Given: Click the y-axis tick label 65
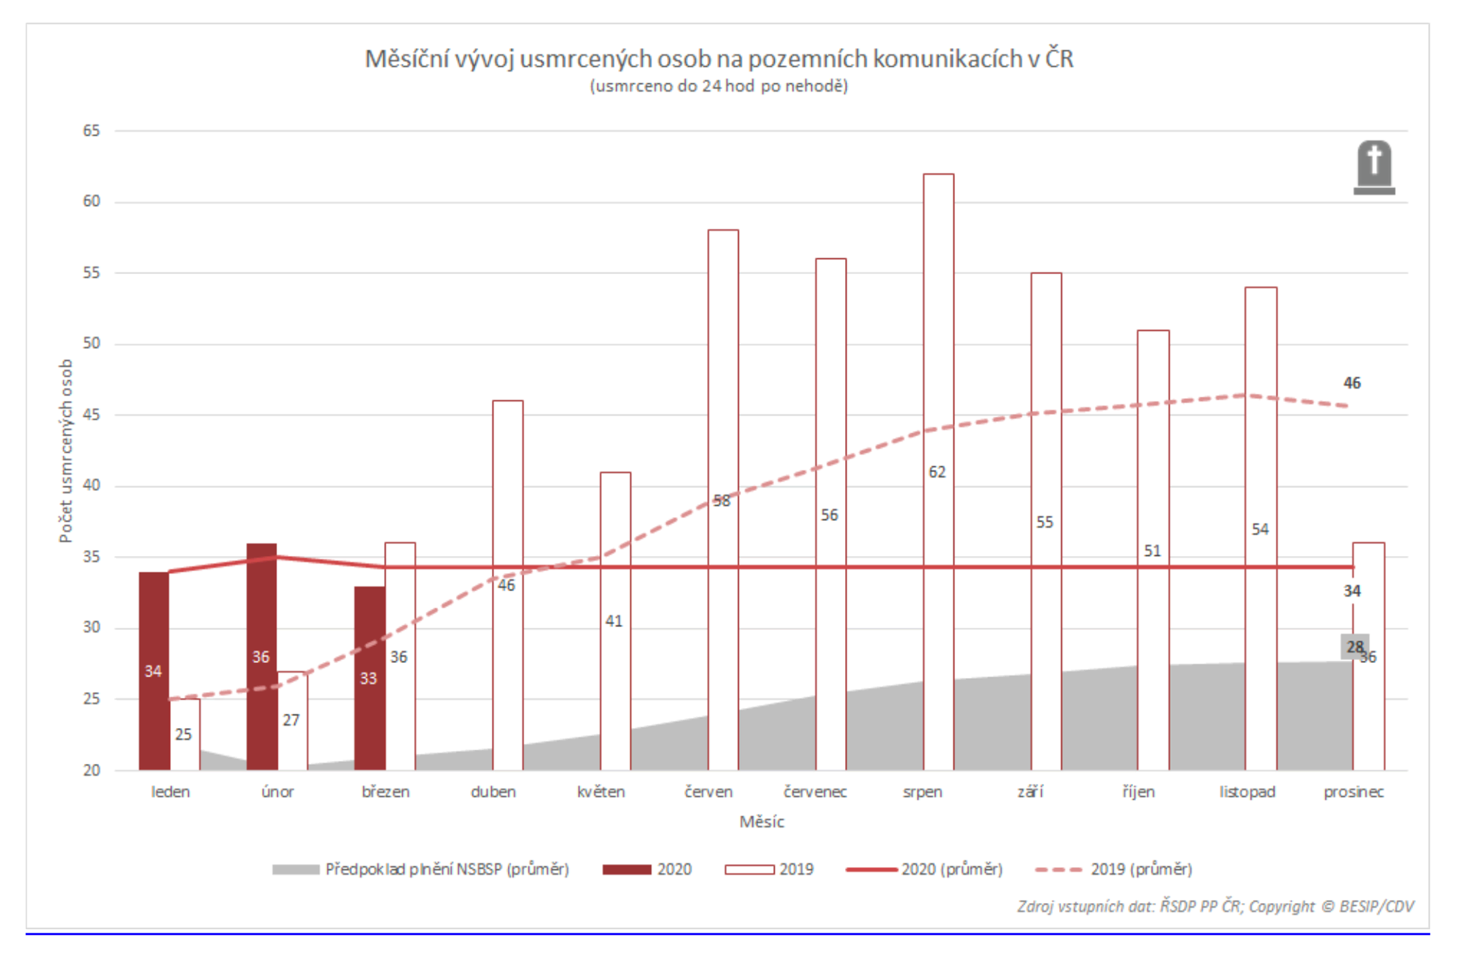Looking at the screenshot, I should coord(91,131).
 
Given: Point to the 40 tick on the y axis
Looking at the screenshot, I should coord(91,486).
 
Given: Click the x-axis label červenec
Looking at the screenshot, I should coord(815,792).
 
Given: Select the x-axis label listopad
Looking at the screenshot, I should coord(1247,792).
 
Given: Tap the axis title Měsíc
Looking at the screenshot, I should coord(761,822).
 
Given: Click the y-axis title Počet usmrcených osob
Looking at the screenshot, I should coord(66,451).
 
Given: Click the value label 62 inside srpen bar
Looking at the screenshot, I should coord(937,472).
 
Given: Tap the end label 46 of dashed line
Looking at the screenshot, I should coord(1351,383).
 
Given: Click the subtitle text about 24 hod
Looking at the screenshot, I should coord(718,86).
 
